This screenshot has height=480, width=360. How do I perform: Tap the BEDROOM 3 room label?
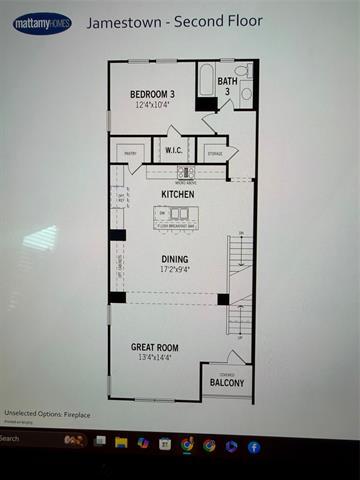click(x=154, y=94)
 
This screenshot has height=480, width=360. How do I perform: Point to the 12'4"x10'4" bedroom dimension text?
click(x=154, y=104)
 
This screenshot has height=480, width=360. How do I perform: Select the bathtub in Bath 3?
click(x=207, y=84)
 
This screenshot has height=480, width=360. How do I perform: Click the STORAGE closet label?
click(x=214, y=153)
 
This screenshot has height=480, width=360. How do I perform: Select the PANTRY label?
click(x=127, y=152)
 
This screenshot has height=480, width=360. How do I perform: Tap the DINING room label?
click(x=176, y=259)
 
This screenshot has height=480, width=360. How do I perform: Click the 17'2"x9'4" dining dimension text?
click(x=176, y=269)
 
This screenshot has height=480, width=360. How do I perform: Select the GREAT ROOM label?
click(x=160, y=347)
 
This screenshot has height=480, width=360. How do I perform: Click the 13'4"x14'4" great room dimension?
click(x=160, y=357)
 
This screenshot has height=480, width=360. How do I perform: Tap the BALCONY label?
click(x=227, y=382)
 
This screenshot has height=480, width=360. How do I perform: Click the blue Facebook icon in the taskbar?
click(x=254, y=446)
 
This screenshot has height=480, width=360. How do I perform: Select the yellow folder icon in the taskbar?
click(x=121, y=442)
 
